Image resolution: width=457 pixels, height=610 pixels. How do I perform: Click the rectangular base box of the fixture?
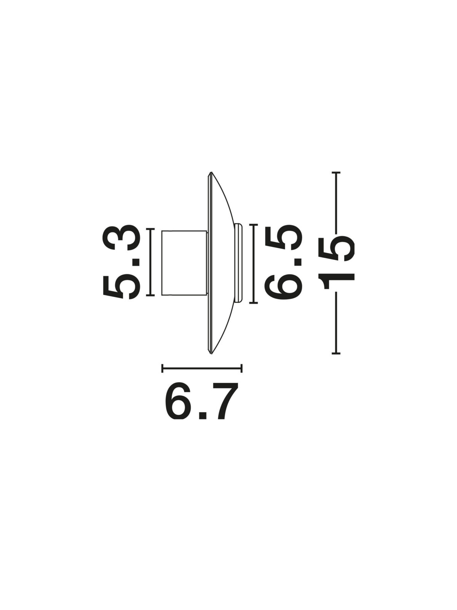184,262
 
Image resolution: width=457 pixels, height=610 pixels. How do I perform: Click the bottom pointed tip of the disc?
211,353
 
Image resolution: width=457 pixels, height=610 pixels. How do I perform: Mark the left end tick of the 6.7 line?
162,369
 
